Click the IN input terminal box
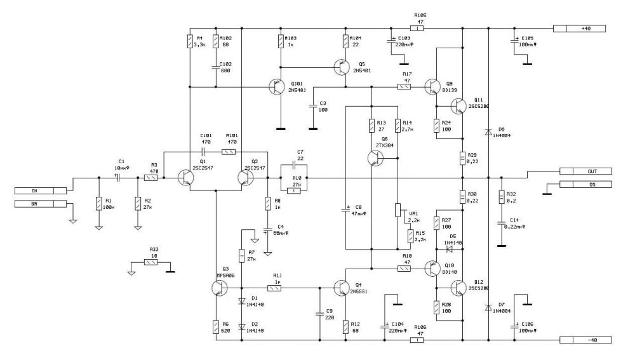pos(40,190)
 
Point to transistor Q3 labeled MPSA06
pos(220,288)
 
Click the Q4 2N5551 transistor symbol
pos(342,288)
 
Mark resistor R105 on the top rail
pos(417,28)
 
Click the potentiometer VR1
pos(397,210)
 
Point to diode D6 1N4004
pos(488,132)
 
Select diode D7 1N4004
pos(488,308)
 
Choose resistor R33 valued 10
pos(150,262)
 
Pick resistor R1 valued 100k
pos(98,203)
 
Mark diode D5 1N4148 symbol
pos(450,249)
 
